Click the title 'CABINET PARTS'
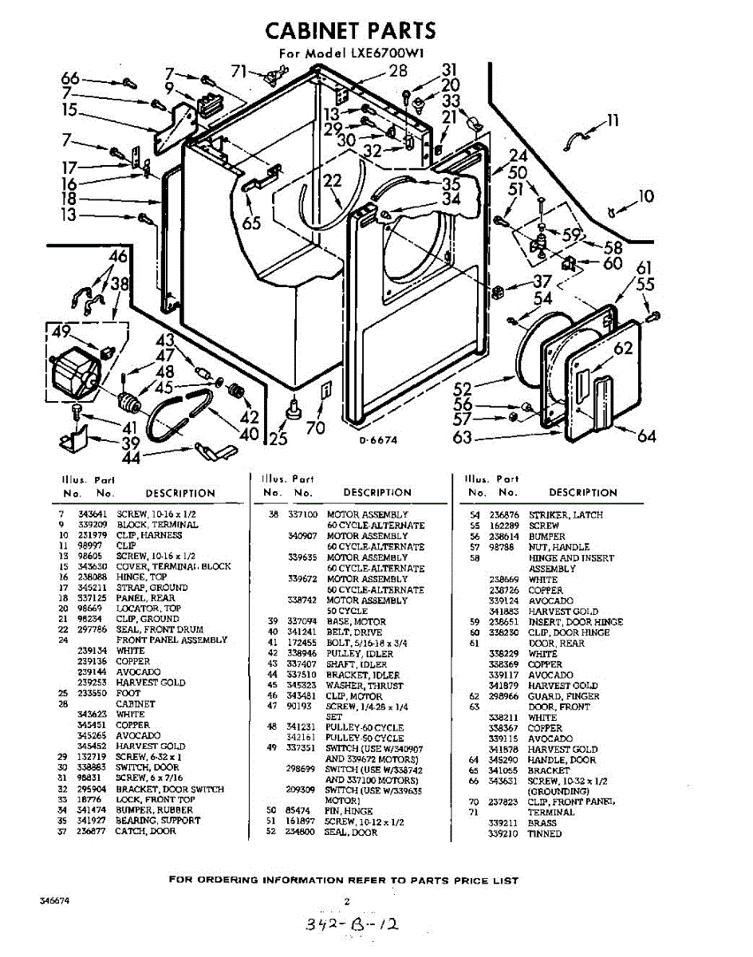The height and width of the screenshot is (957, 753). tap(351, 30)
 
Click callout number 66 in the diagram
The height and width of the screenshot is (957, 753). tap(71, 78)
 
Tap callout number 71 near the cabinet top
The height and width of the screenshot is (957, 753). tap(239, 72)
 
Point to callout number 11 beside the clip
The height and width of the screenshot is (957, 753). tap(613, 121)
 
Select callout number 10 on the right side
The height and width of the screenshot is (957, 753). tap(646, 195)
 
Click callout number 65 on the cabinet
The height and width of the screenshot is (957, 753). tap(251, 223)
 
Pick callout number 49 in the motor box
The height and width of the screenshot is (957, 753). tap(61, 333)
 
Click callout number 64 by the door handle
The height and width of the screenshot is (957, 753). tap(646, 435)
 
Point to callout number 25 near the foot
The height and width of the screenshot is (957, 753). tap(278, 438)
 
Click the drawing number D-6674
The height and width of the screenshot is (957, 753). tap(378, 440)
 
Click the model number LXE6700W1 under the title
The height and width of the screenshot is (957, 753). tap(386, 54)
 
